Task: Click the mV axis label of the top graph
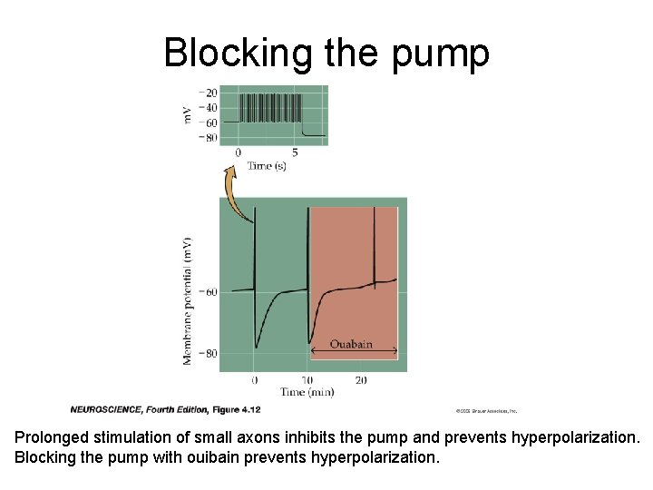pyautogui.click(x=188, y=115)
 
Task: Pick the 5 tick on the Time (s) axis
pyautogui.click(x=295, y=153)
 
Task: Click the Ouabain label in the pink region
pyautogui.click(x=350, y=345)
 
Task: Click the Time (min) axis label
pyautogui.click(x=307, y=392)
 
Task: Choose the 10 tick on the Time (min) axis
pyautogui.click(x=307, y=379)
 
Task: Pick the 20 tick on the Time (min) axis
pyautogui.click(x=361, y=379)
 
